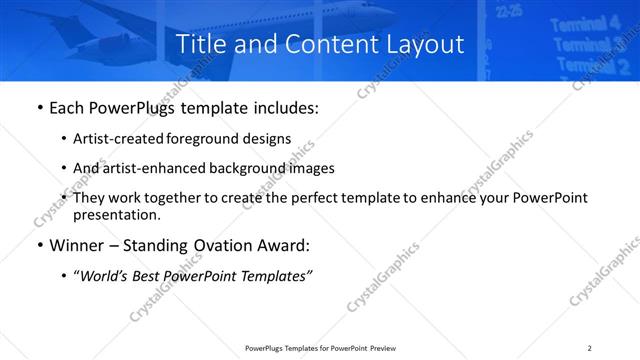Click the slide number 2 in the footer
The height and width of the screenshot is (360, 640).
pyautogui.click(x=590, y=348)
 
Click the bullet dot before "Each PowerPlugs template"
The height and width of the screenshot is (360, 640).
pyautogui.click(x=38, y=108)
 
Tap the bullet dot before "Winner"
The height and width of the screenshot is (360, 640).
pyautogui.click(x=38, y=246)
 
